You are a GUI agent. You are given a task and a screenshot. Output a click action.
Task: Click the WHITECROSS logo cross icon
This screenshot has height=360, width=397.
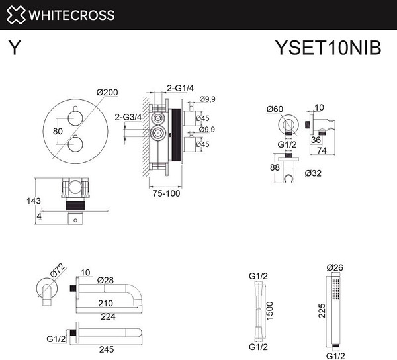[x=16, y=15]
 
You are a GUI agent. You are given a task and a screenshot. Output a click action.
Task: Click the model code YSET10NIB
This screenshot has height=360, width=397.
[x=328, y=48]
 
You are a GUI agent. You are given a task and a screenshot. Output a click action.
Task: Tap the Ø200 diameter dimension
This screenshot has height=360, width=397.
[x=107, y=93]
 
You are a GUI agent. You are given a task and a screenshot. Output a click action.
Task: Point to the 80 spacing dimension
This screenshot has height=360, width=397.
[x=58, y=131]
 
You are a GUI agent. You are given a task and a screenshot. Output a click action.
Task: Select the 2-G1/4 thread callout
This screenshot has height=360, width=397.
[x=180, y=88]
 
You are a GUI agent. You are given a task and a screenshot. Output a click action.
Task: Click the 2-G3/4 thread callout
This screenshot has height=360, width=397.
[x=128, y=117]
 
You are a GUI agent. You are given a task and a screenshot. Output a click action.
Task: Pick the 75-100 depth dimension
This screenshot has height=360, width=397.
[x=166, y=193]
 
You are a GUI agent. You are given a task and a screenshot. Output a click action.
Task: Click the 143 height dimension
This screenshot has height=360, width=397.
[x=34, y=201]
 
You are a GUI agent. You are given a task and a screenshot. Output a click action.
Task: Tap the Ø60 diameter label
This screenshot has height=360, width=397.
[x=275, y=109]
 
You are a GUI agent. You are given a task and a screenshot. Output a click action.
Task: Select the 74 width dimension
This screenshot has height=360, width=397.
[x=322, y=150]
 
